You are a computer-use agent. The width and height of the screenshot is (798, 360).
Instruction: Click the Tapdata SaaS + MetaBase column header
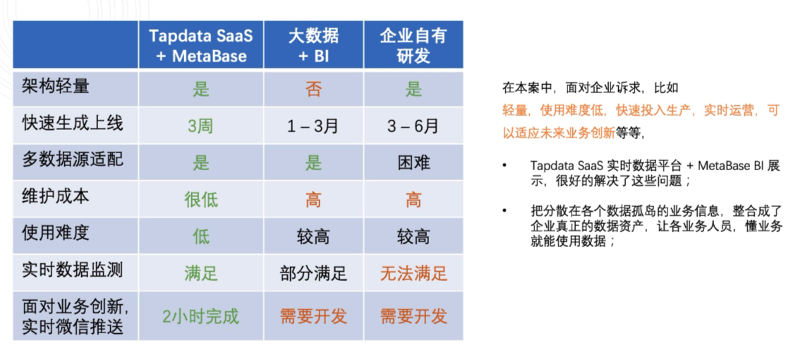[201, 44]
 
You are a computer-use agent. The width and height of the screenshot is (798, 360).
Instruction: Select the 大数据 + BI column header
[313, 44]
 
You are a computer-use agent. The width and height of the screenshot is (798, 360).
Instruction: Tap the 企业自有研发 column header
[413, 44]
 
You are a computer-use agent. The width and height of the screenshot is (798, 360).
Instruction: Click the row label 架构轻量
[56, 87]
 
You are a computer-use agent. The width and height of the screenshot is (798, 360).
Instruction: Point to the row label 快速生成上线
[72, 124]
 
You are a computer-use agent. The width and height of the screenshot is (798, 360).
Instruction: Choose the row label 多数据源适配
[72, 160]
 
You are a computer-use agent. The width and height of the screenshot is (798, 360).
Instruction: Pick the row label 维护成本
[56, 196]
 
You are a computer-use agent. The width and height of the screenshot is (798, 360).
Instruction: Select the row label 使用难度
[56, 233]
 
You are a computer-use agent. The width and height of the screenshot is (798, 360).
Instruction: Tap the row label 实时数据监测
[72, 270]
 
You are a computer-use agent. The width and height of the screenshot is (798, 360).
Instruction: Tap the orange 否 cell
[313, 90]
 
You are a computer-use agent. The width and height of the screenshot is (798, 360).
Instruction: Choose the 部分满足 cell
[313, 273]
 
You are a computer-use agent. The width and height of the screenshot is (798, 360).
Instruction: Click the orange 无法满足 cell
[413, 273]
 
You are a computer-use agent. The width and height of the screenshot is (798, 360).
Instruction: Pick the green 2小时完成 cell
[201, 316]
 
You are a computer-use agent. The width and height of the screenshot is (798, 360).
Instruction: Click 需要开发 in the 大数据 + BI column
[313, 316]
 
